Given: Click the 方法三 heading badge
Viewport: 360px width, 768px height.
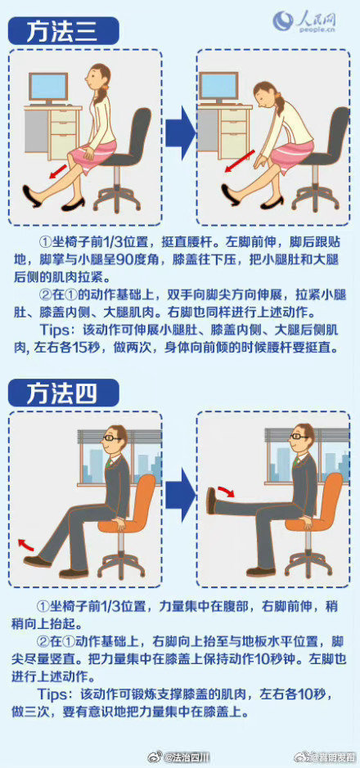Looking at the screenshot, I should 62,32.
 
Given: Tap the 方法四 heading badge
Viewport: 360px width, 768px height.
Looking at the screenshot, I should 62,393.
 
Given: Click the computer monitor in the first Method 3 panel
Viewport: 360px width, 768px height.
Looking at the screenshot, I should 48,87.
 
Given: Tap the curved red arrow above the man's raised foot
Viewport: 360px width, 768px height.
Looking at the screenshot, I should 226,491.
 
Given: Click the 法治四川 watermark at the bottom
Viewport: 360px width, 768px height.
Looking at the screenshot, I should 187,757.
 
